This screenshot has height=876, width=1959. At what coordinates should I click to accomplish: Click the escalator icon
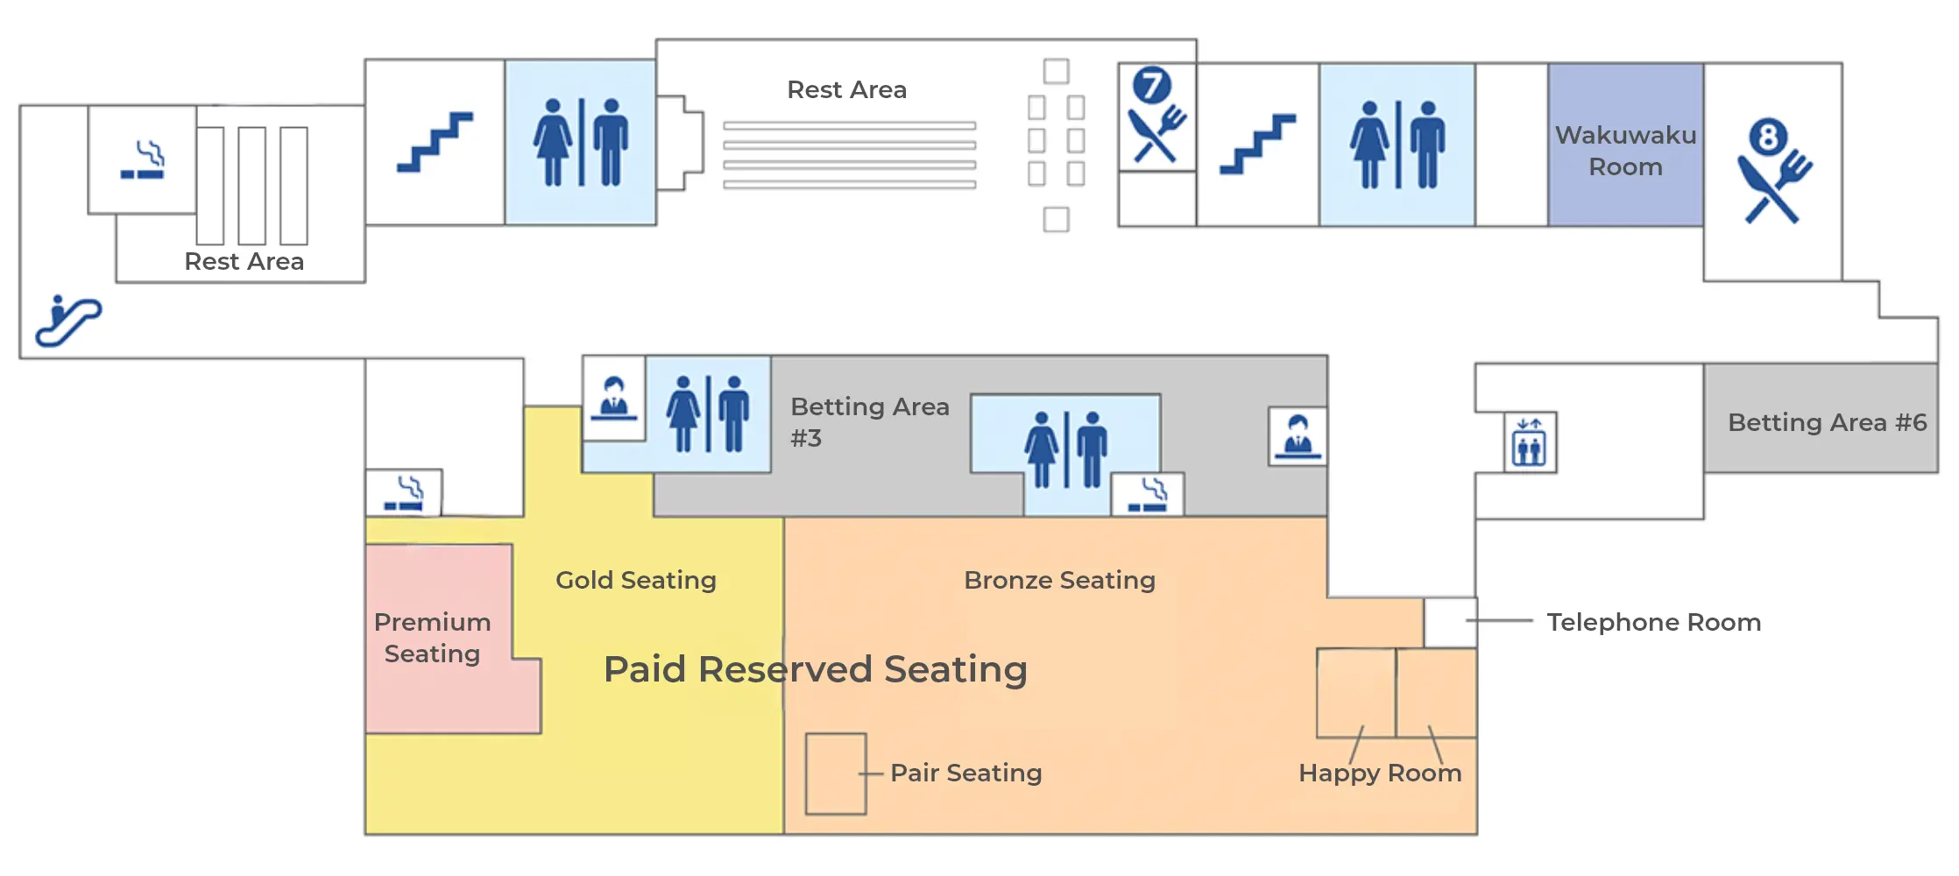68,321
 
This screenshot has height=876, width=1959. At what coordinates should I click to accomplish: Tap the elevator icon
1530,442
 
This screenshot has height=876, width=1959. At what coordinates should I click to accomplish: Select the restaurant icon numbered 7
1156,116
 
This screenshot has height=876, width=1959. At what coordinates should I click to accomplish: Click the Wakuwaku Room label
1625,151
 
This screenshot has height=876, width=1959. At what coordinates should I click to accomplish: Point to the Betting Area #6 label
1827,422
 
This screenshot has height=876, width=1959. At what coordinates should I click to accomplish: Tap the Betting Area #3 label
869,421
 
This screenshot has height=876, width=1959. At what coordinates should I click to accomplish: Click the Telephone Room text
1653,622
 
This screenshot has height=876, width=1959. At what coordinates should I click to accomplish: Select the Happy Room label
1380,773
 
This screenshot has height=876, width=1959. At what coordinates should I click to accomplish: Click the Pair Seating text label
965,773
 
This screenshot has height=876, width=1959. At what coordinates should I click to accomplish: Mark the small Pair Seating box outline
836,774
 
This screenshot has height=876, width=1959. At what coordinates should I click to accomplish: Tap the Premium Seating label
432,638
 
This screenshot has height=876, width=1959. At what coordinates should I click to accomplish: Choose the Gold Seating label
635,580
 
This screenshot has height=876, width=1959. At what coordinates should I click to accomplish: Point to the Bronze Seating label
1059,580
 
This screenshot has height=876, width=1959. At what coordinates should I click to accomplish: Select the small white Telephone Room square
1450,622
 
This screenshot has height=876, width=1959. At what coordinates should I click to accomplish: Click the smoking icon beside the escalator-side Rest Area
143,159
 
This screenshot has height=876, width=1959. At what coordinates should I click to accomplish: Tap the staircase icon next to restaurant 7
1257,144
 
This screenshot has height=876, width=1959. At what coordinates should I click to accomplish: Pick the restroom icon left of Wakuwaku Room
1397,145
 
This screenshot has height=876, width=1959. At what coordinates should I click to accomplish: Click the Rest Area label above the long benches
846,89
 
